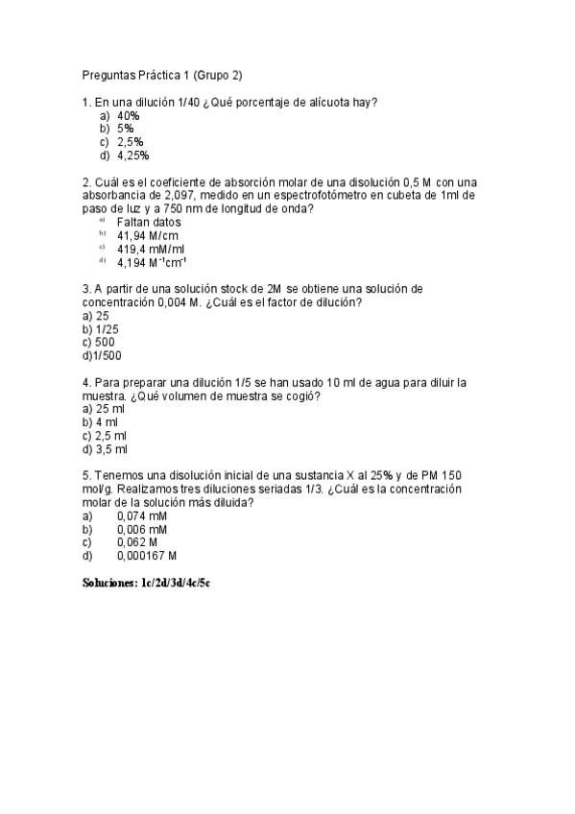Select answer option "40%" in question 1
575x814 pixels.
[129, 115]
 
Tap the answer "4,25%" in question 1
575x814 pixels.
[132, 156]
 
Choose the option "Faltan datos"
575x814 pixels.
[149, 222]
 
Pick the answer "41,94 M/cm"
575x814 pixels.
[147, 235]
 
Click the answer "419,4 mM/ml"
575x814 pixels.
[150, 249]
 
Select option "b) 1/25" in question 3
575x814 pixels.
[101, 329]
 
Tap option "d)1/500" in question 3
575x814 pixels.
[103, 356]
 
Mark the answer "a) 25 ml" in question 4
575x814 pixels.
[104, 409]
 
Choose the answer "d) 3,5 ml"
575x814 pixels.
[106, 449]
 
